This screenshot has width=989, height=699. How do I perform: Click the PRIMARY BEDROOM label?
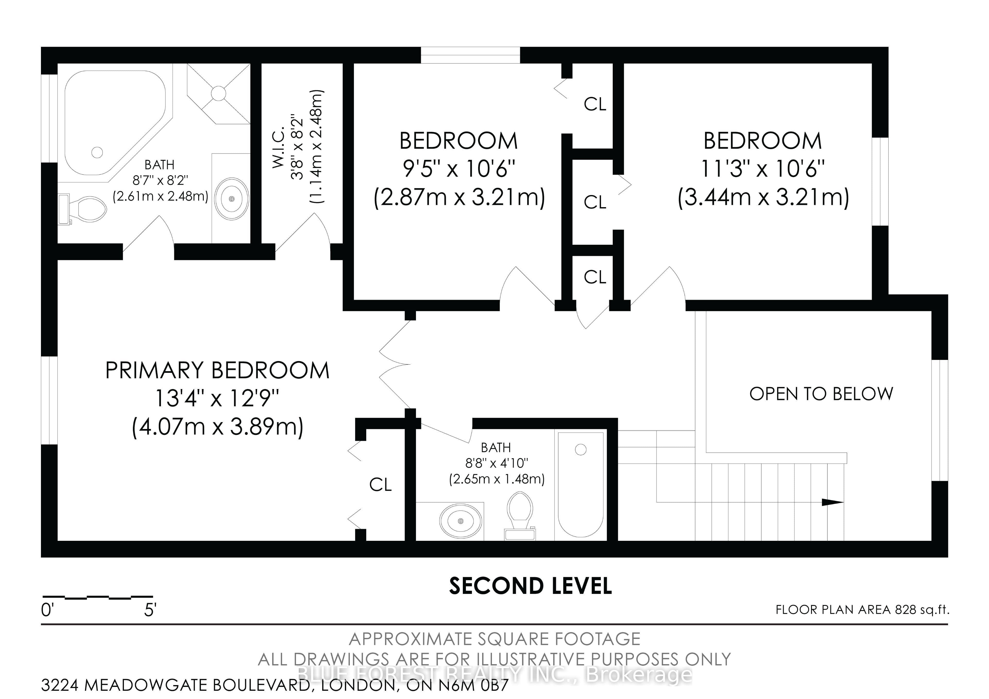pyautogui.click(x=218, y=370)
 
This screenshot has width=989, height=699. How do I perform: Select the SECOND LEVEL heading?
pyautogui.click(x=530, y=586)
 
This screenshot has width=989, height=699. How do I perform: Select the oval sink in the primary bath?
pyautogui.click(x=232, y=199)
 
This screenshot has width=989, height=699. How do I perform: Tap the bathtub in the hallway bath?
pyautogui.click(x=581, y=485)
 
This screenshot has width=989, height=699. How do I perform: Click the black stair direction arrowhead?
pyautogui.click(x=833, y=502)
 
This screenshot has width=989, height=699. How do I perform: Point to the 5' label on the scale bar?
pyautogui.click(x=150, y=610)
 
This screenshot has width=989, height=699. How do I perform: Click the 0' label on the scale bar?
pyautogui.click(x=47, y=610)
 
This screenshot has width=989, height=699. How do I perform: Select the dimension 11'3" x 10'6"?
pyautogui.click(x=763, y=169)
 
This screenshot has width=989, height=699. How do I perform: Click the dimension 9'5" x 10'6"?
pyautogui.click(x=459, y=169)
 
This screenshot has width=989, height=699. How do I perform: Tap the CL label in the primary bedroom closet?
pyautogui.click(x=380, y=485)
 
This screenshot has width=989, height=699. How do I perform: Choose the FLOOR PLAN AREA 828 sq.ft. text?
pyautogui.click(x=862, y=610)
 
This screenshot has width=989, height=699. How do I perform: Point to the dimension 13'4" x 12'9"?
pyautogui.click(x=218, y=398)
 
